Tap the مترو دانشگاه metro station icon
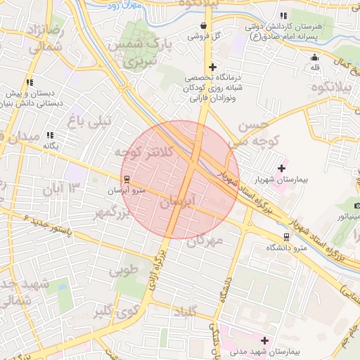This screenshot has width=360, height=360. tap(286, 236)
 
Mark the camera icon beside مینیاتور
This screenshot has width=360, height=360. tap(357, 205)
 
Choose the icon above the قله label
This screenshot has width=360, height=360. tap(314, 57)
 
